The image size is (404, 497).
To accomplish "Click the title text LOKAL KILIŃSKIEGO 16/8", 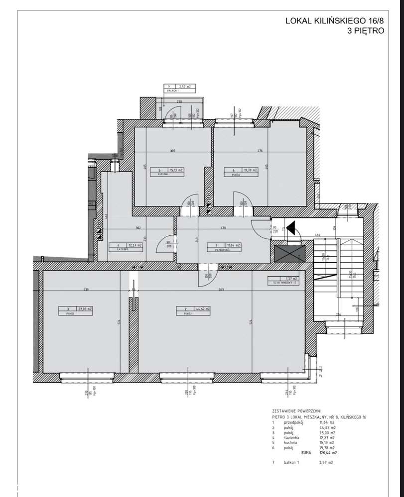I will click(x=334, y=21).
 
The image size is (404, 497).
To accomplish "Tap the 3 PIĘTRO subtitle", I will click(x=366, y=30).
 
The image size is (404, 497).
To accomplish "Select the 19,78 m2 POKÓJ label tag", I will click(x=241, y=171).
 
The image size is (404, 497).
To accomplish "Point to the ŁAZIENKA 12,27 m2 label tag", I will click(x=127, y=245).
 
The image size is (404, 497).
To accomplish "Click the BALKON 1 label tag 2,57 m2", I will click(x=179, y=87).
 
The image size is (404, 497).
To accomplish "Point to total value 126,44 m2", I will click(x=327, y=453).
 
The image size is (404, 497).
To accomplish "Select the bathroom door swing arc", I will click(x=164, y=242).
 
